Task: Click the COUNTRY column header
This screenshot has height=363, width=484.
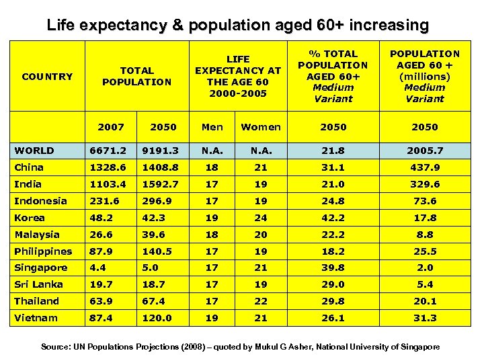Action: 47,77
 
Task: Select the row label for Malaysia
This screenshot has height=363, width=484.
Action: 37,235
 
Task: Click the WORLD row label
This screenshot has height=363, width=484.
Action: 34,151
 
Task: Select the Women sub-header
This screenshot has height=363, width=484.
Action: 261,127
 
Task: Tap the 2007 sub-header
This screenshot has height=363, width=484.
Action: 110,127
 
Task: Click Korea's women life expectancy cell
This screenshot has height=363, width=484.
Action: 261,218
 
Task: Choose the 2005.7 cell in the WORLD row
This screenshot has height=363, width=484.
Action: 424,151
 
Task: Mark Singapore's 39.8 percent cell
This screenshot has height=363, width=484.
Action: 333,268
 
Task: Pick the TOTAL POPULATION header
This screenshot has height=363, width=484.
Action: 136,76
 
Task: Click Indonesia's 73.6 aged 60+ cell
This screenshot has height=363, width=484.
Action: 424,201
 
